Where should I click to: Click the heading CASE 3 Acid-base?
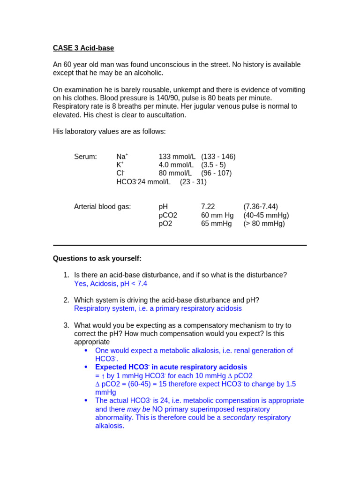tap(83, 48)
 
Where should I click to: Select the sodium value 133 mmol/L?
tap(177, 157)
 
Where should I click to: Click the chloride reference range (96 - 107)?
tap(216, 173)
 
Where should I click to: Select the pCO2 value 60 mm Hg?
tap(217, 215)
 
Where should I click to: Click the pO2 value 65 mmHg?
tap(216, 224)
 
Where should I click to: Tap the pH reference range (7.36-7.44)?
tap(260, 207)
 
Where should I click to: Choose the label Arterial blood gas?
tap(103, 207)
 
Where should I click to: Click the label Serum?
tap(85, 157)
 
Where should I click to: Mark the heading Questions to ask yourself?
tap(97, 258)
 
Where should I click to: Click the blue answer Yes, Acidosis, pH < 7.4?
tap(111, 284)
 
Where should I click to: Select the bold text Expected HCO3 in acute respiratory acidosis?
tap(171, 367)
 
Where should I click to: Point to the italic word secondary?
tap(239, 418)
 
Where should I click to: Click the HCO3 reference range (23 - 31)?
tap(193, 182)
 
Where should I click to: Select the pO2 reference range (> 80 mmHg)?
tap(264, 224)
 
